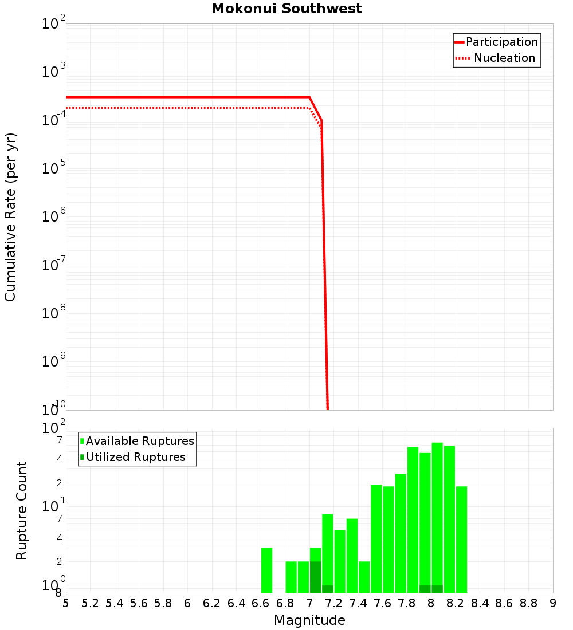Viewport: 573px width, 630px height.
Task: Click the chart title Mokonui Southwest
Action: (x=286, y=9)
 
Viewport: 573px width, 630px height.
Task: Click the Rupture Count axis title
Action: (x=22, y=510)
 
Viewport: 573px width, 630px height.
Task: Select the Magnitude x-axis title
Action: (x=309, y=620)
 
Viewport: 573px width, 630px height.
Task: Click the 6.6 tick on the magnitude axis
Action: (x=261, y=603)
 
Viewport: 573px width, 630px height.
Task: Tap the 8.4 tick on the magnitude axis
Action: (x=480, y=603)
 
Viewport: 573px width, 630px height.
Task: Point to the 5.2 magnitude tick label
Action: (x=90, y=603)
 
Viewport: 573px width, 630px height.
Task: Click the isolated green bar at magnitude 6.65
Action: (x=266, y=570)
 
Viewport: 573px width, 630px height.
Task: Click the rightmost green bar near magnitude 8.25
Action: (x=461, y=538)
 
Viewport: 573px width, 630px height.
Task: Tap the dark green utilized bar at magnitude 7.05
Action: (x=315, y=577)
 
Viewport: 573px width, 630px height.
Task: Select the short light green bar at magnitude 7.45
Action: (x=364, y=577)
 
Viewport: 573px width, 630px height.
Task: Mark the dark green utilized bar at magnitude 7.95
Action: (x=425, y=589)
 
